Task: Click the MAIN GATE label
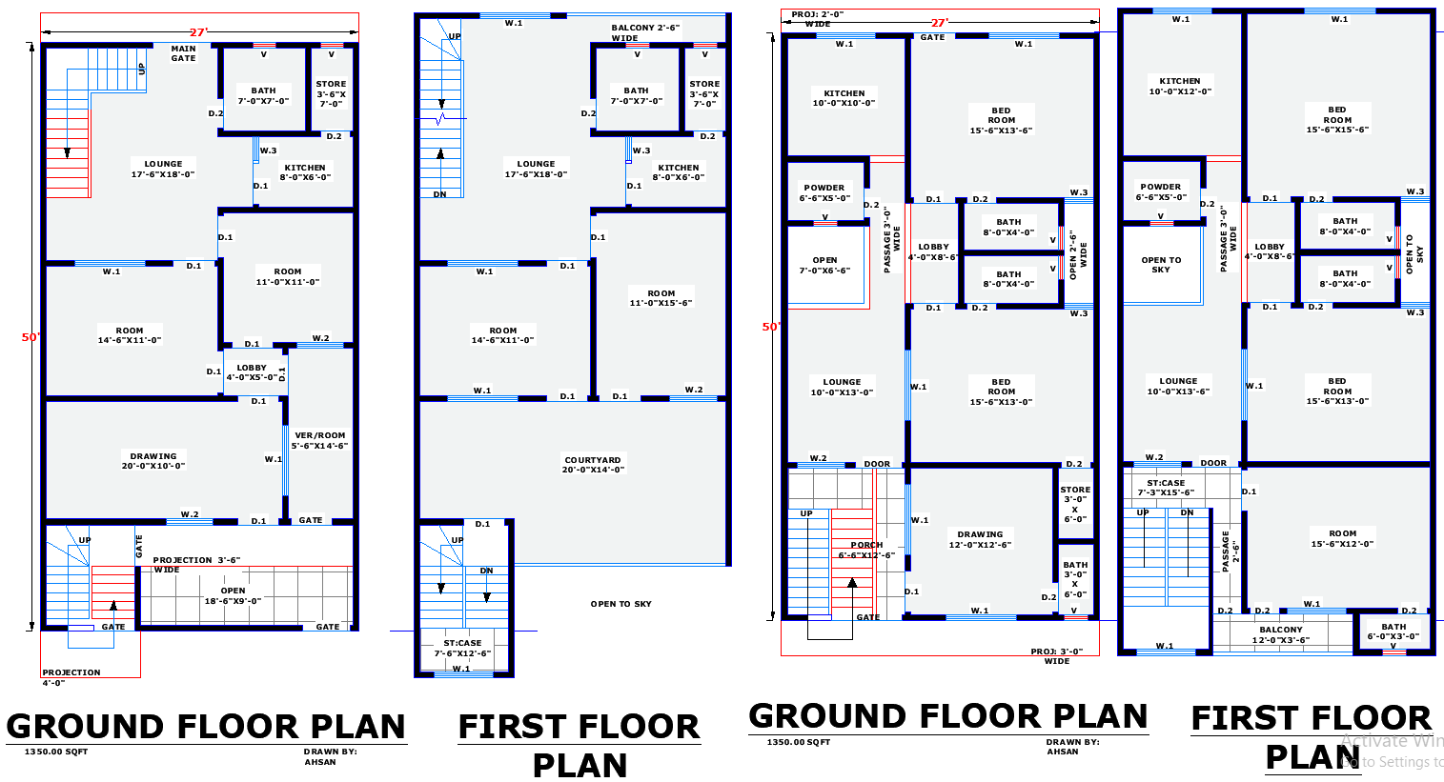click(183, 53)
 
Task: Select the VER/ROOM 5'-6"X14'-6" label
click(319, 440)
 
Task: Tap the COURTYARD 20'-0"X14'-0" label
click(592, 465)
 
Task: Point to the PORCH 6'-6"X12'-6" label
click(866, 551)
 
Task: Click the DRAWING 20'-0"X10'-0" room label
click(153, 461)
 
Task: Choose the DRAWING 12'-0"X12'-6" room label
click(980, 540)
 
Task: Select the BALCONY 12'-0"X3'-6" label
click(1280, 634)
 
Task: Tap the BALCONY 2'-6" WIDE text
click(645, 33)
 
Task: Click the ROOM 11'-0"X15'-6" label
click(661, 298)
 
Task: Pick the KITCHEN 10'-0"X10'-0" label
click(844, 98)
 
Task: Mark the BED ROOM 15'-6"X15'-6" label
click(1337, 120)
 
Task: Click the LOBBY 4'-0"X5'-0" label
click(252, 372)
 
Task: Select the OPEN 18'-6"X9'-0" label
click(233, 596)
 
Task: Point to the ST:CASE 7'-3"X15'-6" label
click(1166, 488)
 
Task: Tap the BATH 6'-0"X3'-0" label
click(1393, 632)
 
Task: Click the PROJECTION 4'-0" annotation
click(71, 677)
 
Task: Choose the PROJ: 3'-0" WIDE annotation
click(1056, 656)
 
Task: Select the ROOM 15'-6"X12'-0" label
click(1342, 539)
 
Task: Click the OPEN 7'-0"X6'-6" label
click(824, 266)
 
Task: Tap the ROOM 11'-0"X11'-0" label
click(287, 277)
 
